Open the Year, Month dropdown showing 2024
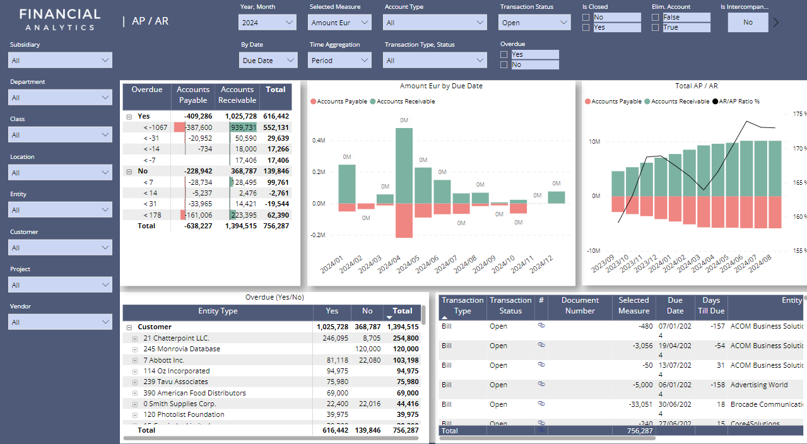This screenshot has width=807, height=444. coord(268,23)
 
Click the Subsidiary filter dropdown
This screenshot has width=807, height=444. coord(61,61)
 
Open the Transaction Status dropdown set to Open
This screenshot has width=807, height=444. coord(535,23)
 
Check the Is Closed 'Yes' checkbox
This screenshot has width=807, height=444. coord(586,28)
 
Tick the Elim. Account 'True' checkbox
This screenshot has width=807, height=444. coord(656,28)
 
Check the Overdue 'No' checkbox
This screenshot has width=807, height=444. coord(504,65)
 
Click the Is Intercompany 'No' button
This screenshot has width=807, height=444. coord(748,23)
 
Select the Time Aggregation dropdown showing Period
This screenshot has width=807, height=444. coord(339,61)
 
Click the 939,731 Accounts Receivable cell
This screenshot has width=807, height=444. coord(242,127)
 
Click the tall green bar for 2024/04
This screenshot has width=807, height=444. coord(404,166)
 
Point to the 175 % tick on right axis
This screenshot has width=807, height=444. coord(798,114)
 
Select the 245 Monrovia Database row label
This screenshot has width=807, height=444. coord(182,349)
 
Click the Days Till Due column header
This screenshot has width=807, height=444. coord(711,305)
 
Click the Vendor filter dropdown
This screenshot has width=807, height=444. coord(61,322)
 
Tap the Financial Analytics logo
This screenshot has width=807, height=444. coord(60,20)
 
